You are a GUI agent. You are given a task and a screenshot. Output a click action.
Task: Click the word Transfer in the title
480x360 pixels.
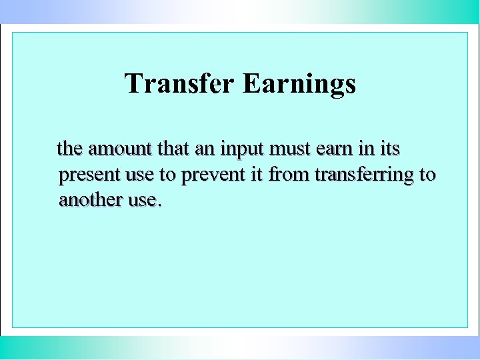point(179,84)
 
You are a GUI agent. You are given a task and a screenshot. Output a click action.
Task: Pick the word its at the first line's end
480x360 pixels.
point(389,148)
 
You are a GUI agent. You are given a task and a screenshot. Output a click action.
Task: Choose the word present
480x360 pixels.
point(89,175)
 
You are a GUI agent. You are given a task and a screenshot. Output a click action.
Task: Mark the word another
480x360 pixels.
point(89,199)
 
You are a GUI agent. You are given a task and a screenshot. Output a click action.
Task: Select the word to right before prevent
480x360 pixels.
point(167,175)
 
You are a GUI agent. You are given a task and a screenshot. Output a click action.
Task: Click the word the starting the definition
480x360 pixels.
point(70,148)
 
